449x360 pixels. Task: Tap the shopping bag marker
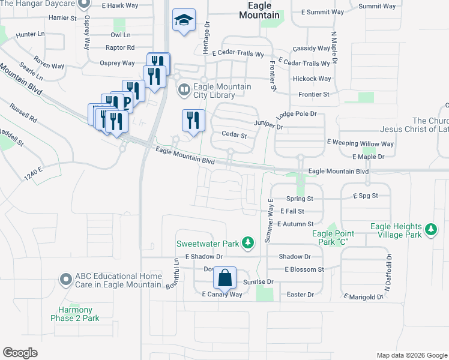click(224, 278)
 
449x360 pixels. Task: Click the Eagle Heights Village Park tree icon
click(430, 230)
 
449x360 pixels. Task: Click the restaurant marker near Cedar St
click(193, 121)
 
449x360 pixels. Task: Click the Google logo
click(20, 353)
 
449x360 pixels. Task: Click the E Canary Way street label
click(221, 294)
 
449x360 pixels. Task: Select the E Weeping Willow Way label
click(360, 144)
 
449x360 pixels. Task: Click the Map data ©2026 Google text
click(411, 355)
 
